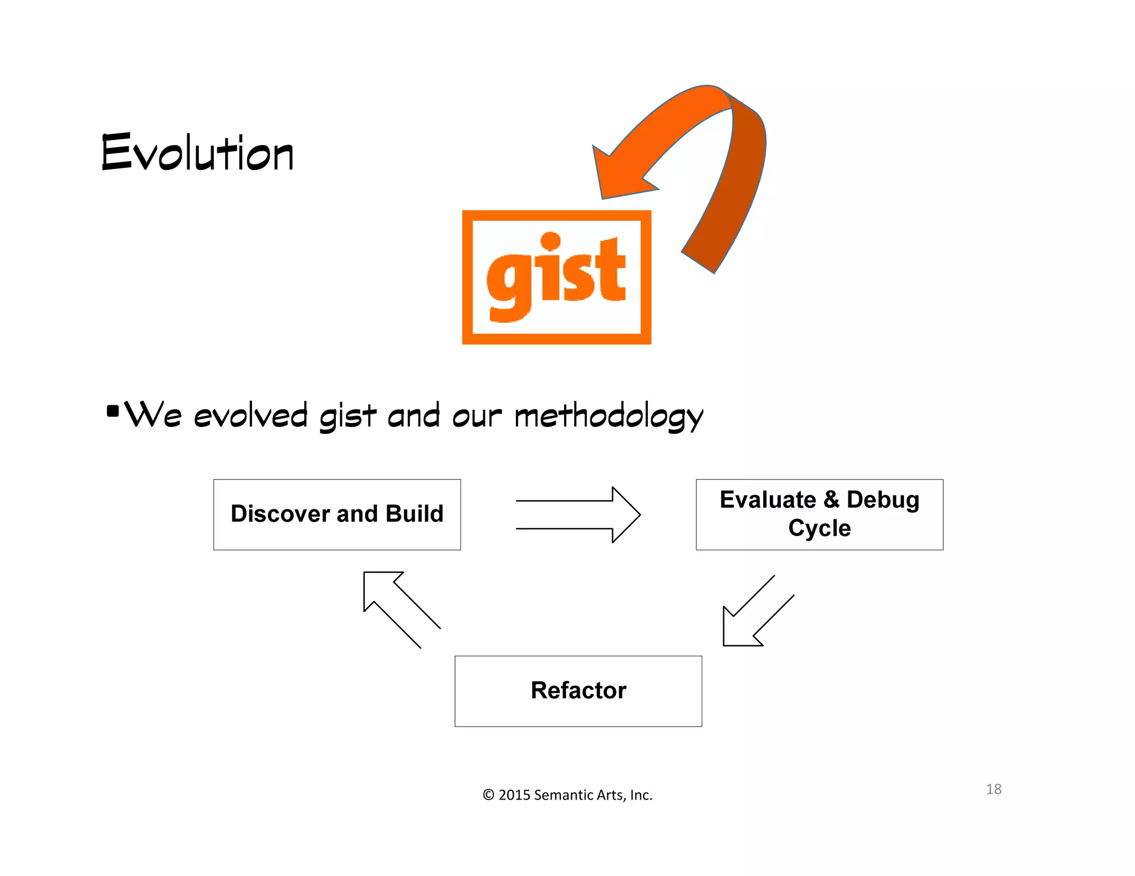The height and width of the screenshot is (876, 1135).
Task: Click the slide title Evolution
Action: (x=197, y=152)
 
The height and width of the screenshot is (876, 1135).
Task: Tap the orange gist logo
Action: (x=556, y=277)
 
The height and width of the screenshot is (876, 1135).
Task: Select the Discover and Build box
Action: (x=337, y=514)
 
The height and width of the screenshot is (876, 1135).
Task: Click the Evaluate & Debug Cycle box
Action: (x=819, y=514)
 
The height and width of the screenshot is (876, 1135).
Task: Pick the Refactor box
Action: (x=578, y=691)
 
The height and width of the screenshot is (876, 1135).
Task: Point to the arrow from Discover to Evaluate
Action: (x=578, y=514)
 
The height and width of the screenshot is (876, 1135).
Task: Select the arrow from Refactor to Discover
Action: (x=398, y=606)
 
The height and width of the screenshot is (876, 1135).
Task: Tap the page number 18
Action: (x=993, y=789)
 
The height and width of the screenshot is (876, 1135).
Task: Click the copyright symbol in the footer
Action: (x=488, y=795)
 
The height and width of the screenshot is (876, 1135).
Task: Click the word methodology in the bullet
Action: (x=609, y=416)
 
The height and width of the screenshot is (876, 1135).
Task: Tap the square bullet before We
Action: (x=113, y=411)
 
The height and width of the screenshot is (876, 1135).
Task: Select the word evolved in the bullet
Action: (x=250, y=416)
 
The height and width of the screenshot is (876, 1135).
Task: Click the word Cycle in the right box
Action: (x=819, y=528)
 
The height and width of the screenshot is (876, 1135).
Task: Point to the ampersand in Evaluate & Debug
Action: (x=831, y=499)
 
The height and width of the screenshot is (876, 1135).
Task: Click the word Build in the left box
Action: (x=415, y=514)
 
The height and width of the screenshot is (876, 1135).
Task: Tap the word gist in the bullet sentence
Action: (x=347, y=416)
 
